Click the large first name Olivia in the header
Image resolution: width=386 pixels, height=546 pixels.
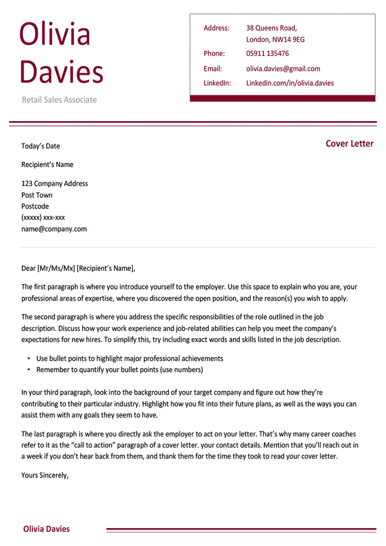coord(55,34)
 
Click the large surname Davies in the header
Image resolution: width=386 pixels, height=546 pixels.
coord(61,72)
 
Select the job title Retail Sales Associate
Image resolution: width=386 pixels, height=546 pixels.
coord(59,100)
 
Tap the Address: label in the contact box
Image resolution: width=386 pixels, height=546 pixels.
coord(216,28)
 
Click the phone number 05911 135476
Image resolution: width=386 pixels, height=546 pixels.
coord(267,54)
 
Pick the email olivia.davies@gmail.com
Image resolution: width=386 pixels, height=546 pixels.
coord(283,69)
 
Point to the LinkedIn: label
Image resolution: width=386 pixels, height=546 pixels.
coord(217,83)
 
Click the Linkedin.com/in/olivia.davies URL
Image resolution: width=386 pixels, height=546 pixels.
coord(289,83)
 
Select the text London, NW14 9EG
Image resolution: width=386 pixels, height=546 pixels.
coord(275,40)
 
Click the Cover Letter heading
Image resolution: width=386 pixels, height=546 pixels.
coord(349,144)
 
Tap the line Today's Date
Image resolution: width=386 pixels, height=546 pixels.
coord(41,146)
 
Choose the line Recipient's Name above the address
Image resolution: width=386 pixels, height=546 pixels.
coord(47,164)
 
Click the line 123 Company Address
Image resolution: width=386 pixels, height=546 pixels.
coord(55,183)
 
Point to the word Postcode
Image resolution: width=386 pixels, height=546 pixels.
coord(35,206)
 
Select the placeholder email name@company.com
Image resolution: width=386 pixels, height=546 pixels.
coord(54,229)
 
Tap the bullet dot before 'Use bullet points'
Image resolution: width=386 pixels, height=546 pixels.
coord(28,359)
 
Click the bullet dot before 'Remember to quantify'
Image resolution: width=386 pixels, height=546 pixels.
coord(28,370)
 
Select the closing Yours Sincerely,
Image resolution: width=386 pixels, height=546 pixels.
coord(45,475)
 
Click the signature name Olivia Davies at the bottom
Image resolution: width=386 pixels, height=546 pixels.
coord(46,529)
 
